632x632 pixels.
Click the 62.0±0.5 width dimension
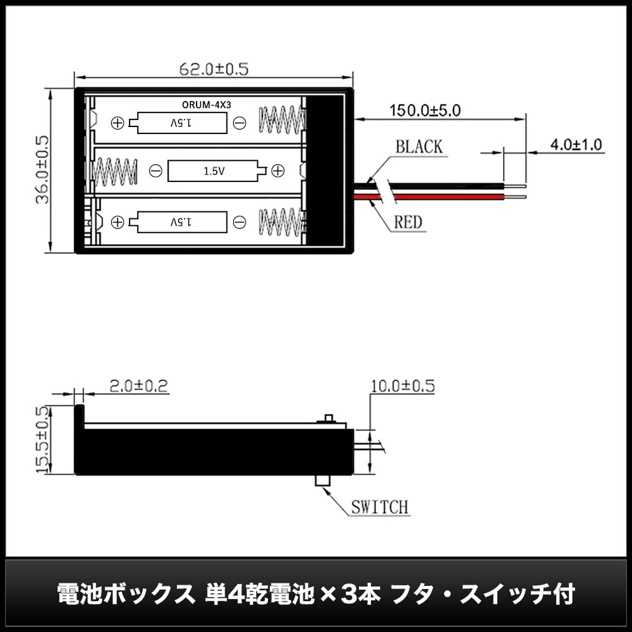[x=214, y=69]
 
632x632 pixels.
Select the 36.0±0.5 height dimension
[x=42, y=170]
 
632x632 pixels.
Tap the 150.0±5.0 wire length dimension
[x=425, y=110]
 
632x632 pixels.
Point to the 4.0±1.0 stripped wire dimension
[x=576, y=145]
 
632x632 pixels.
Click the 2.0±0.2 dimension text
[x=139, y=386]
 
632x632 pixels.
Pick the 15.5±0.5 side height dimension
[x=42, y=439]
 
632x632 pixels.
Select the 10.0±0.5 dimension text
[x=403, y=386]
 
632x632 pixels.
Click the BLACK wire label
[x=419, y=147]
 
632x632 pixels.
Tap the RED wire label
[x=408, y=222]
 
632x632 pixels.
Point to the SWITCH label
[x=380, y=507]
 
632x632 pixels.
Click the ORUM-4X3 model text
[x=206, y=105]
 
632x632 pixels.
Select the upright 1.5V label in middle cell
[x=214, y=171]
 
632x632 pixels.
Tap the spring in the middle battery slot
[x=116, y=171]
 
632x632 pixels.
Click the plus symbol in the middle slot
[x=278, y=171]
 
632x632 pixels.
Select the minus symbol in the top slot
[x=239, y=123]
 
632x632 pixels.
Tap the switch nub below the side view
[x=323, y=481]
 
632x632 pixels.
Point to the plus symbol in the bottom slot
[x=117, y=222]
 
